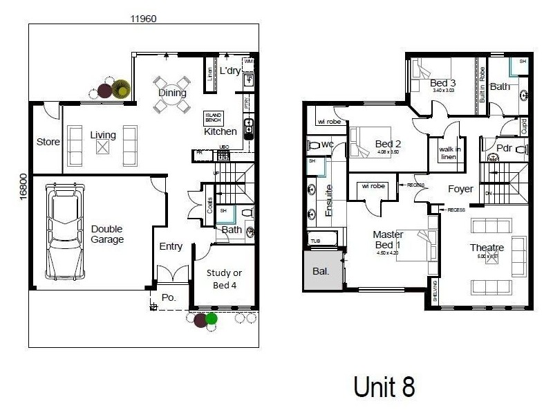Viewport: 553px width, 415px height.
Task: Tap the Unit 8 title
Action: pos(384,387)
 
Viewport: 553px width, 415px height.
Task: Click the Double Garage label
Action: pos(107,234)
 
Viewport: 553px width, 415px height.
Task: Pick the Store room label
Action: pos(48,142)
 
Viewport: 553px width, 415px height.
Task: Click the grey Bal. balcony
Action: pos(320,272)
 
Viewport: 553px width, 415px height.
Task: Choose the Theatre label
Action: pos(487,248)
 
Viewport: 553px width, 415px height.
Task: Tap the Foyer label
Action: pos(460,188)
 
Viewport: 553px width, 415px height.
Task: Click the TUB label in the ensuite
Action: pos(315,241)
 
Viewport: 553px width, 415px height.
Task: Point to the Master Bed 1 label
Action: pos(388,239)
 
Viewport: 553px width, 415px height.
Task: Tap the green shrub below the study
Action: pos(212,319)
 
